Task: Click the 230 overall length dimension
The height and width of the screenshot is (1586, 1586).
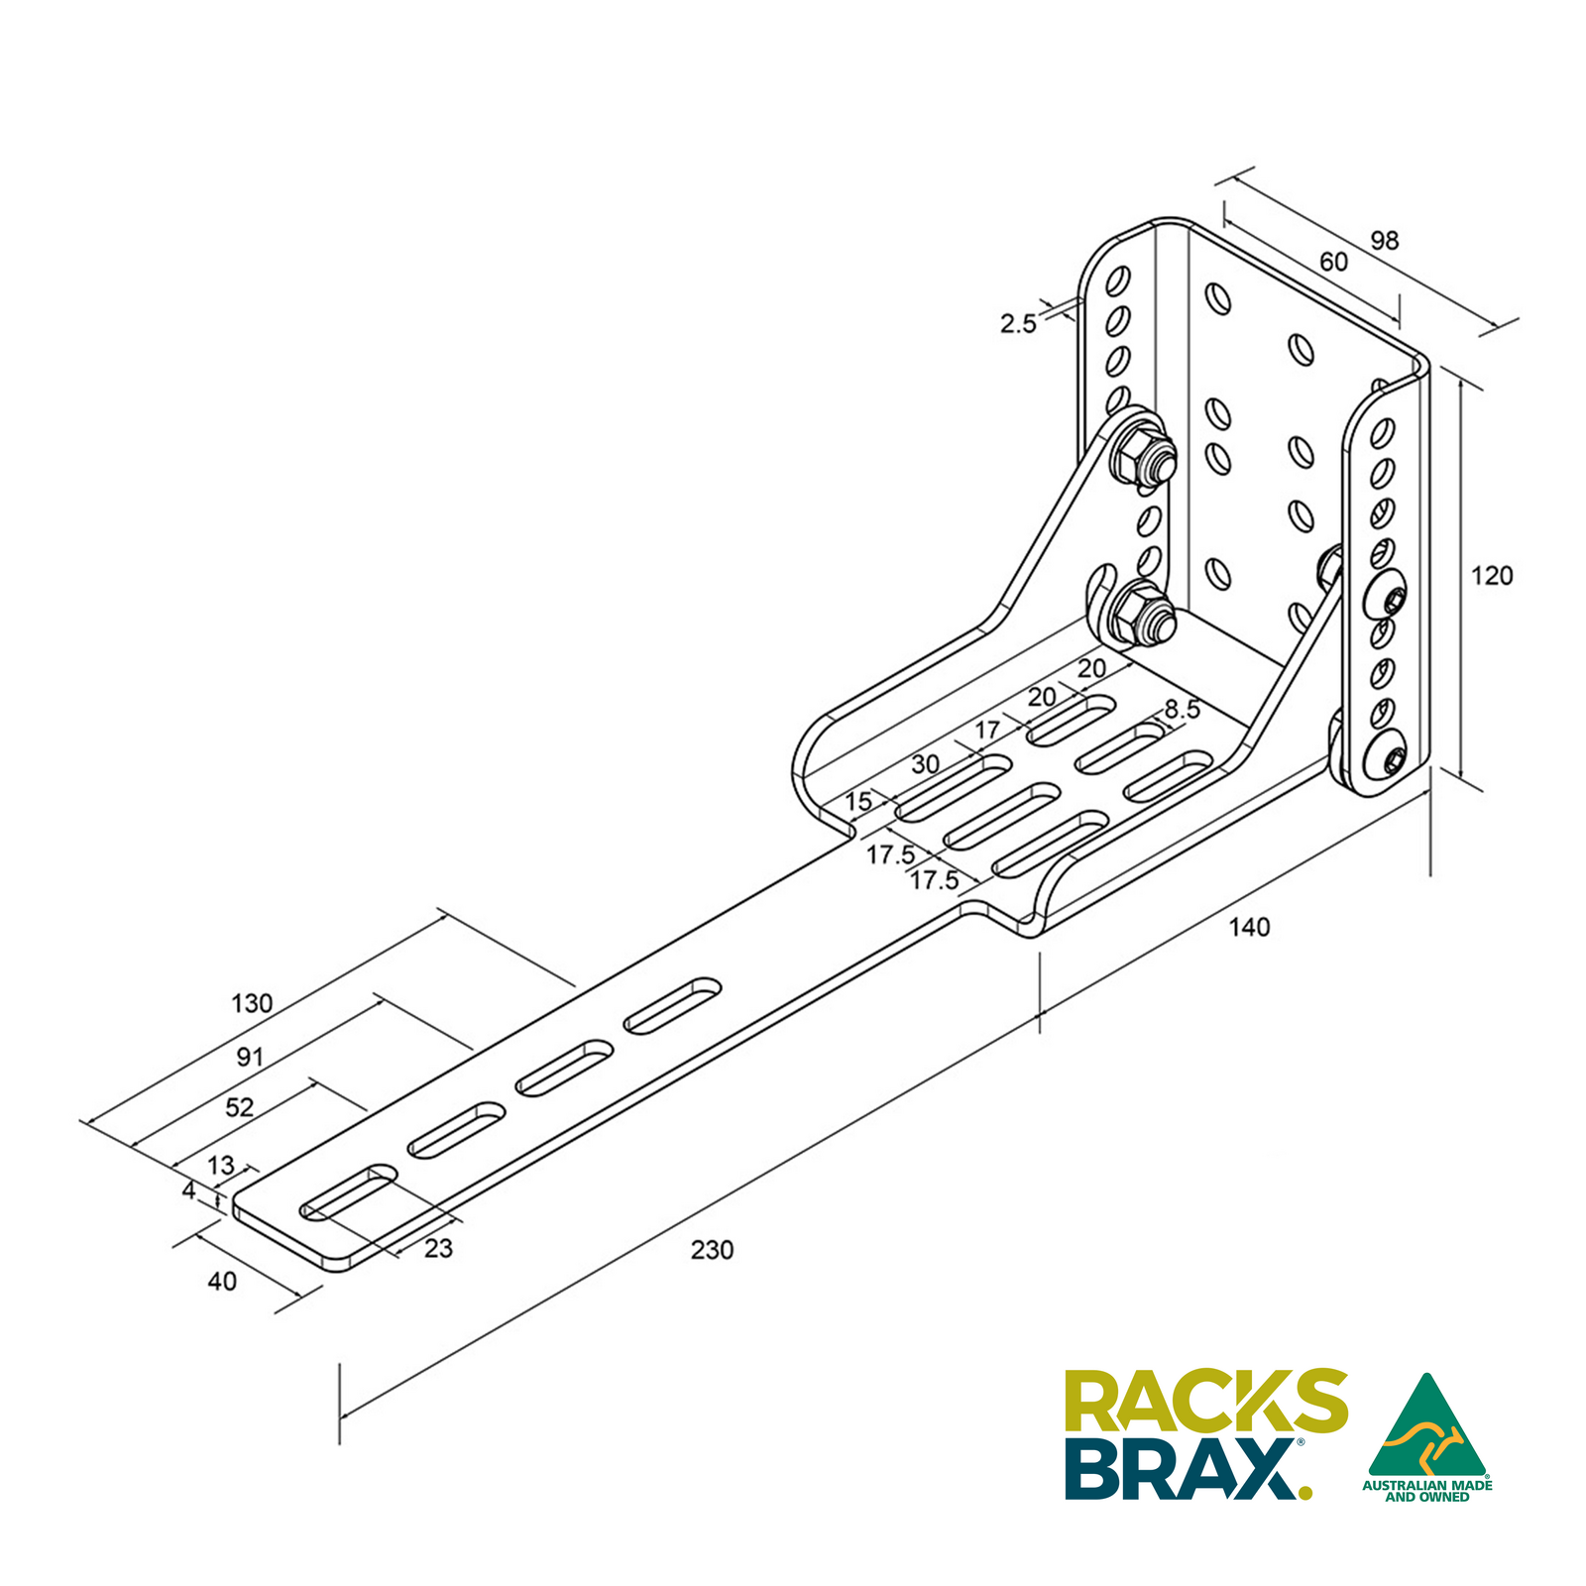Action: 712,1250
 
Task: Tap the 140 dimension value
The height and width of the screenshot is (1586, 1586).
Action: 1249,927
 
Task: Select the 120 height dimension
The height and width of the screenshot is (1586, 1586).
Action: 1492,576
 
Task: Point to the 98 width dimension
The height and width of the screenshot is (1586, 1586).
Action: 1385,241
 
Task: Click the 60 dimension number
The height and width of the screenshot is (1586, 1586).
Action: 1333,262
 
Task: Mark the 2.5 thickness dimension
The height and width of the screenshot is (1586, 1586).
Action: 1018,323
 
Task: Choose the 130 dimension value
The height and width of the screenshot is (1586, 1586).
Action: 252,1003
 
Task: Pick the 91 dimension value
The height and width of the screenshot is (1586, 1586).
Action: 250,1057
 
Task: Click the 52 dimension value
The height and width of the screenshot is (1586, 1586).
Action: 240,1107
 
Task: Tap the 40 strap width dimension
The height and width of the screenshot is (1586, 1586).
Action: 222,1282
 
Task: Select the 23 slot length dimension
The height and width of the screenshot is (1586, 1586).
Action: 438,1249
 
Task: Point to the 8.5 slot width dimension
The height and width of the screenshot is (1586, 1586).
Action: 1182,710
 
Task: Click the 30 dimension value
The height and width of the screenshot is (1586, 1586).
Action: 925,764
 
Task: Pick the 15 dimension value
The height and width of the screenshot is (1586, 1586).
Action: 858,801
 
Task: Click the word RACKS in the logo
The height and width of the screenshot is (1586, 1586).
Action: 1205,1400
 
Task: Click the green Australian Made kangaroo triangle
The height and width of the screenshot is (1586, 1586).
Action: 1426,1427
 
